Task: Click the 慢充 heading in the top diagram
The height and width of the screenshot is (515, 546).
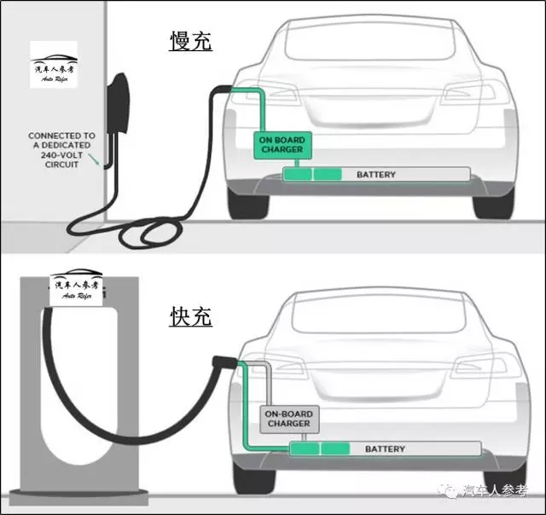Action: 191,41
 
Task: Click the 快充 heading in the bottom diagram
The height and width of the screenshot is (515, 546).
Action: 191,317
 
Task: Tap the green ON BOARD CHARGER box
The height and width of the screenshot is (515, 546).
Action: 281,145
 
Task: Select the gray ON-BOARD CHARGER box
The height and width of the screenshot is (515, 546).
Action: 289,419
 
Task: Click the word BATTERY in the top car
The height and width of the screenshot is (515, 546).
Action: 375,175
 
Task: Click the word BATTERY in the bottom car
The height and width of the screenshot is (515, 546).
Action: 385,448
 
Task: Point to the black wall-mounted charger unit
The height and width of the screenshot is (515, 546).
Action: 119,111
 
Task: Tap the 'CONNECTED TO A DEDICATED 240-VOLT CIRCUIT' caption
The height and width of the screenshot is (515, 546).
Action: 61,149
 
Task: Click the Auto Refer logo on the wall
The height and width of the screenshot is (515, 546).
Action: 53,67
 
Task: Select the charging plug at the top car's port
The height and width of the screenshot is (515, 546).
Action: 221,88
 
